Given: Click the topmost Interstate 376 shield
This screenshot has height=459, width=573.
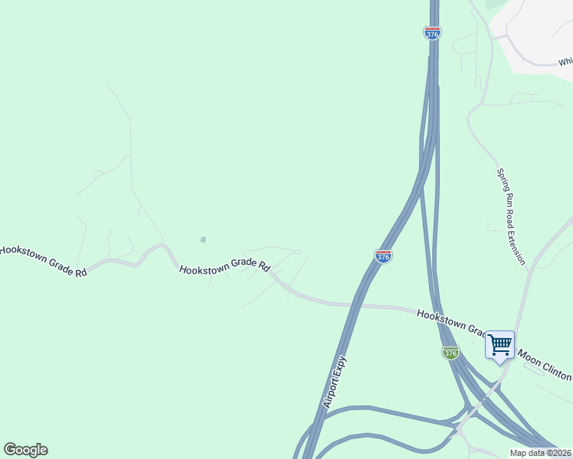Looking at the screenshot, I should coord(432,33).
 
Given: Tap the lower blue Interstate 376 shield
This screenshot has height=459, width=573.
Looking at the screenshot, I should coord(384,256).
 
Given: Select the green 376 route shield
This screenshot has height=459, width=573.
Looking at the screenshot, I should coord(450,353).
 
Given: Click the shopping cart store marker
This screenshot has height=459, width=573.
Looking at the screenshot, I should coord(499,345).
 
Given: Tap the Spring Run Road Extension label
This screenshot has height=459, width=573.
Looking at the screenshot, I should coord(511,217).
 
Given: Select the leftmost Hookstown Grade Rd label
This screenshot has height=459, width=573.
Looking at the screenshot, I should coord(43,261).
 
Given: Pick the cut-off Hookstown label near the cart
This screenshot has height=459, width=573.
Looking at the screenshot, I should coord(451,322).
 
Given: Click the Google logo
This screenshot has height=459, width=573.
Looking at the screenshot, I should coord(25,450).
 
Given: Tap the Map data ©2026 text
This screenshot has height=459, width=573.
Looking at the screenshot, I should coord(541,454).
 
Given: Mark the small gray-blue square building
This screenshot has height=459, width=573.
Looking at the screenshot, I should coord(203,239).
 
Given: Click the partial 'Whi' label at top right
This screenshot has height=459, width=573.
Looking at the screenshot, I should coord(565,62).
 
